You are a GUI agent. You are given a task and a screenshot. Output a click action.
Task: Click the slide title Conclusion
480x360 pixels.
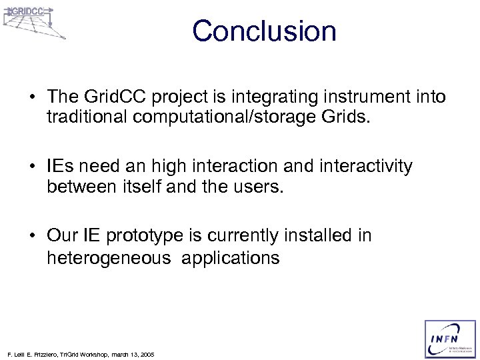point(264,32)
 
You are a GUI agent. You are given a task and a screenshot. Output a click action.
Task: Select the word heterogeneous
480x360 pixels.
point(108,257)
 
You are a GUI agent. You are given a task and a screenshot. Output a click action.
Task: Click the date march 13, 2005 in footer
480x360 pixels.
point(131,355)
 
